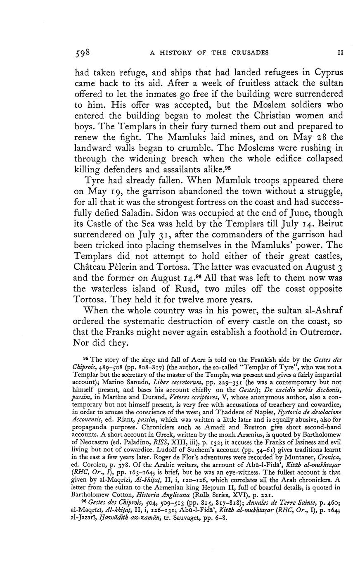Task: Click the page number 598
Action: pos(83,53)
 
